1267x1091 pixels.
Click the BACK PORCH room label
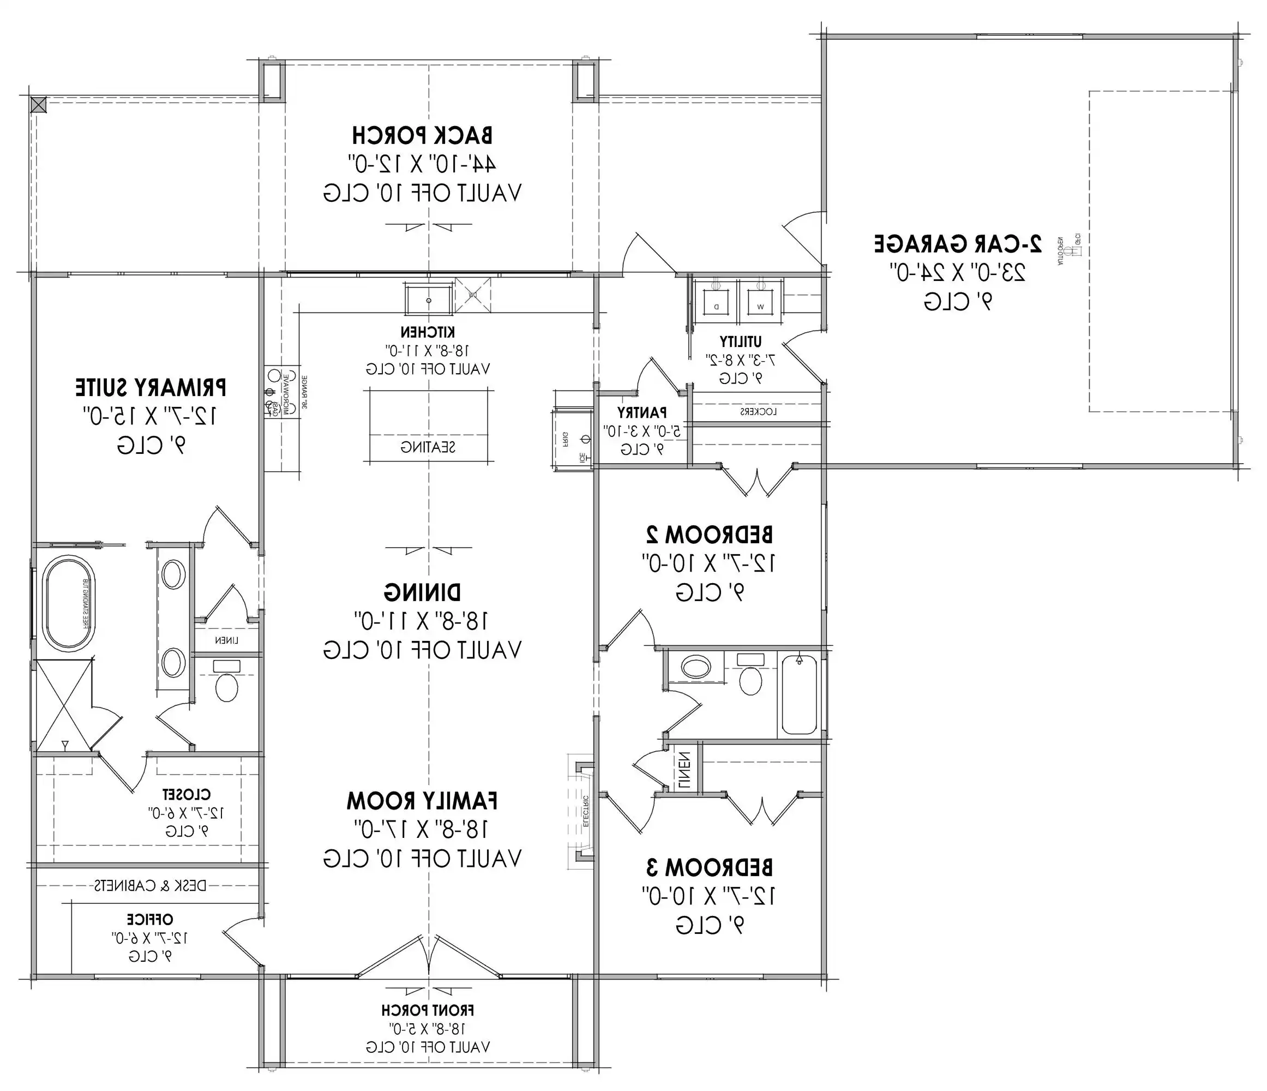point(422,135)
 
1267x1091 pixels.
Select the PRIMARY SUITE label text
point(151,388)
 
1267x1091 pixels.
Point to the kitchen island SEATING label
point(428,447)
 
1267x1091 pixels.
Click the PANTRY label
point(642,413)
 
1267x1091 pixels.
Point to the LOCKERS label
point(758,411)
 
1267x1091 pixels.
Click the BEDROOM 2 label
point(710,535)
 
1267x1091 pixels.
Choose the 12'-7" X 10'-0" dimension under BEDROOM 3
point(710,896)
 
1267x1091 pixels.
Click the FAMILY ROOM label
point(422,800)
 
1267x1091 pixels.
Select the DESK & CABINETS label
point(150,885)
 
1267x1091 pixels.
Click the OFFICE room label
point(150,919)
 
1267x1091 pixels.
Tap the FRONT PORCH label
point(428,1010)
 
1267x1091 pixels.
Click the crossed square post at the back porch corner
point(38,105)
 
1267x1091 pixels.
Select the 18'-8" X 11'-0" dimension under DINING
point(422,621)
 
